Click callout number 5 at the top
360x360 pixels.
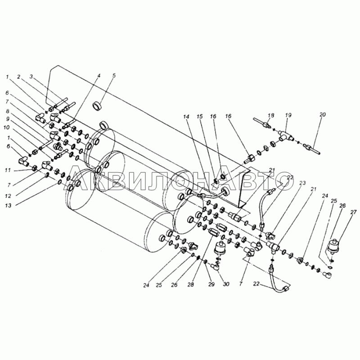pyautogui.click(x=113, y=76)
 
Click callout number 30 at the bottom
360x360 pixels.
pyautogui.click(x=225, y=284)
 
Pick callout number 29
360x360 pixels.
pyautogui.click(x=211, y=284)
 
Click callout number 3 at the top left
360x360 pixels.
pyautogui.click(x=31, y=76)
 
